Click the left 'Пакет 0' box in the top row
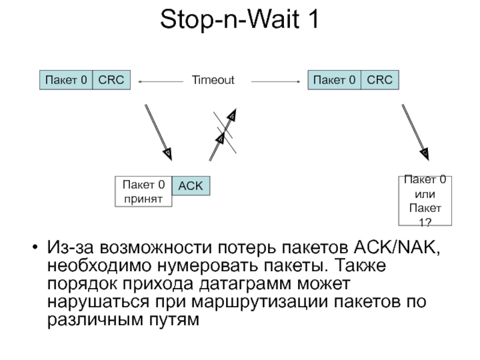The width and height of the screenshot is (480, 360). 66,80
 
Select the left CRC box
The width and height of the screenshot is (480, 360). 111,80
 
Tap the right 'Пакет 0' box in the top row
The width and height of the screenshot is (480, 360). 334,80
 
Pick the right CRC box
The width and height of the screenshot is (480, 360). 379,80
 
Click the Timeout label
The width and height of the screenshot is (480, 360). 213,80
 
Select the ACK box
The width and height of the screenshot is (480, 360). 191,186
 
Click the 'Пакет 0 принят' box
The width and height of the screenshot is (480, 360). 143,191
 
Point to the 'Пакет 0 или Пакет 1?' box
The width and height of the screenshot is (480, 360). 425,200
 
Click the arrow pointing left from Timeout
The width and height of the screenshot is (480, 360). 160,80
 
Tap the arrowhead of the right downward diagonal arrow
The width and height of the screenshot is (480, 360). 425,152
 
